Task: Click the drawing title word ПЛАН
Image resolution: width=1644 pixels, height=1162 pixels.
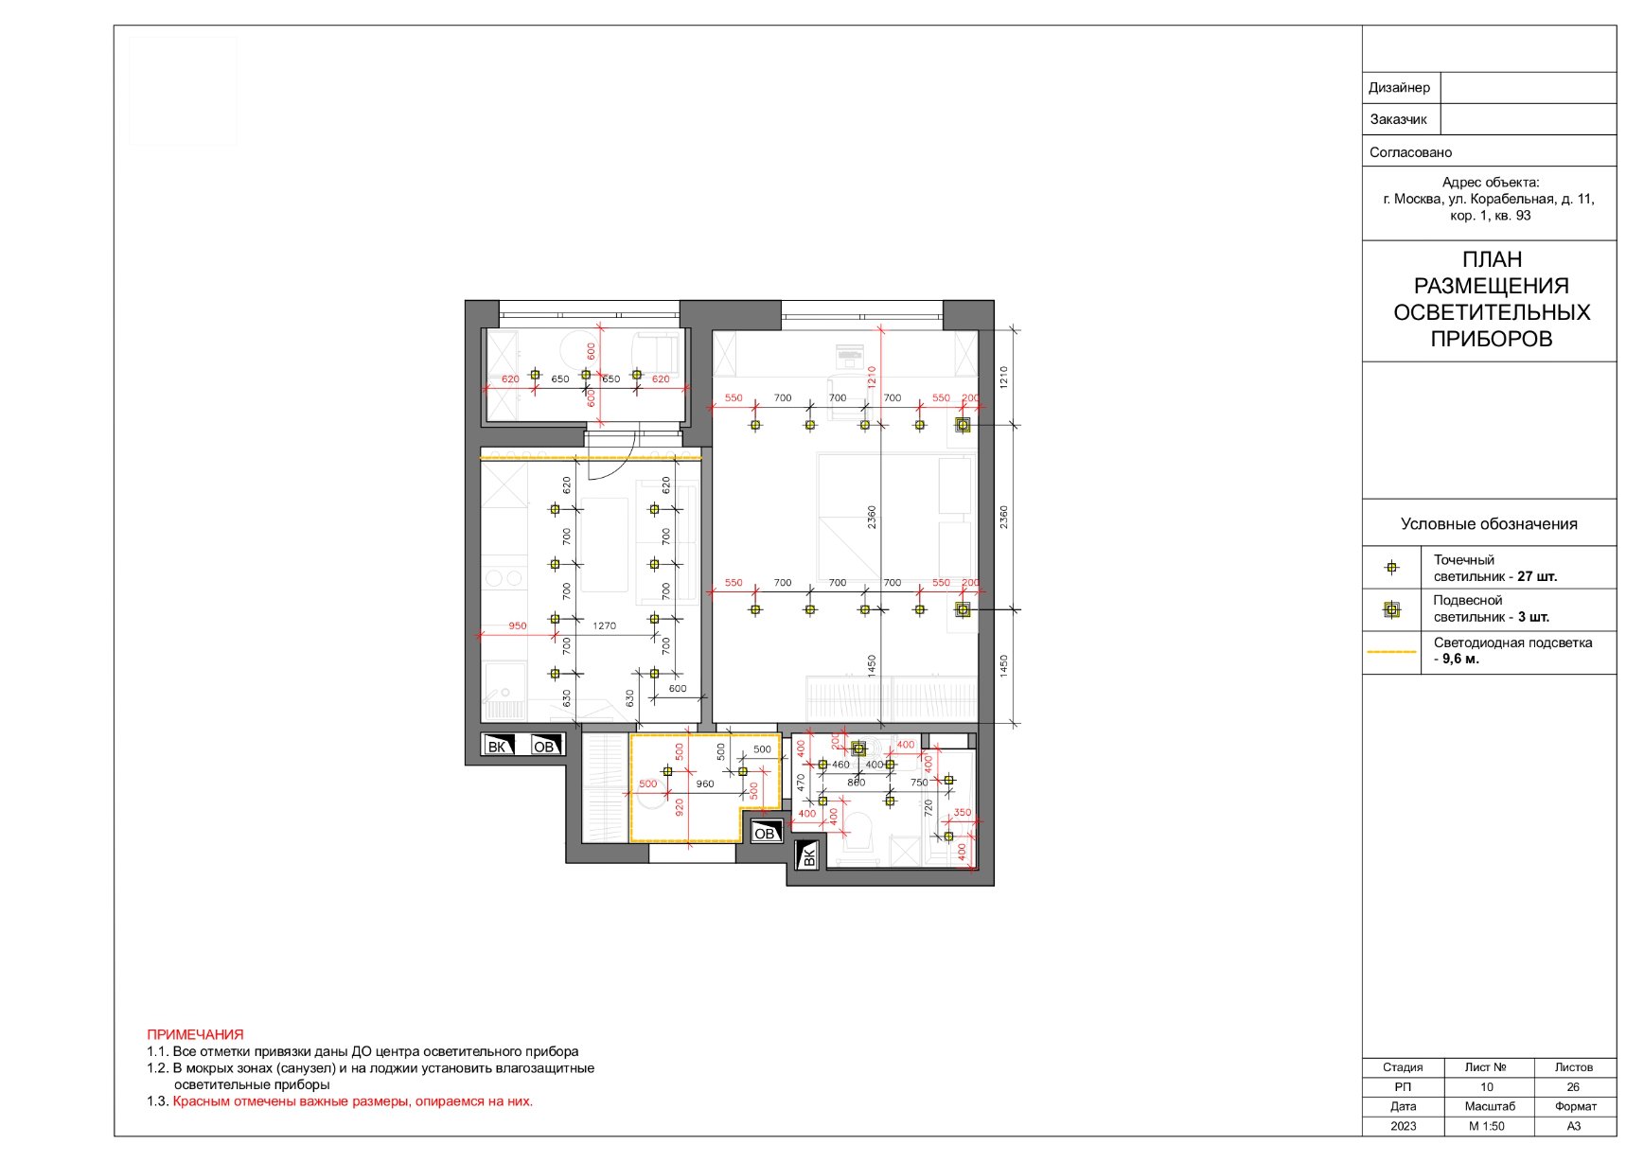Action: tap(1492, 259)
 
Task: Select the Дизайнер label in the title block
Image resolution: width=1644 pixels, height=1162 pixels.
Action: tap(1399, 88)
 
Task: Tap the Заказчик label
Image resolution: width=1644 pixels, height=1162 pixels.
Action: tap(1398, 119)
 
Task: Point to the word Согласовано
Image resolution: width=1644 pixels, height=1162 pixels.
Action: tap(1410, 152)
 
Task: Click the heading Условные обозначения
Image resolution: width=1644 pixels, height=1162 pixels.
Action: tap(1489, 524)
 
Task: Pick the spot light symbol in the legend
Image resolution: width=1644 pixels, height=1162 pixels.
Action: tap(1391, 568)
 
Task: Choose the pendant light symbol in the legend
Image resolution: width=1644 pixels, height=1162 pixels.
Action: tap(1391, 609)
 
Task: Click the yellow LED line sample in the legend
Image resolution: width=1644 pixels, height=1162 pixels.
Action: tap(1391, 652)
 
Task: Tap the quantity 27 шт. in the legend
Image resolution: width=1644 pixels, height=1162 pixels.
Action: tap(1537, 576)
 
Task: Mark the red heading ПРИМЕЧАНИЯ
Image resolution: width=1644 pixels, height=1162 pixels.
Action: tap(195, 1035)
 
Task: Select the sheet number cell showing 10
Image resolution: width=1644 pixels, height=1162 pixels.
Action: tap(1487, 1087)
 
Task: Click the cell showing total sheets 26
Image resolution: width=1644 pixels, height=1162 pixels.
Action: tap(1573, 1087)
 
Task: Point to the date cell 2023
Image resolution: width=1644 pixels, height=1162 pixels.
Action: tap(1404, 1126)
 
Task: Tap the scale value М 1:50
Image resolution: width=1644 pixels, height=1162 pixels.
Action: tap(1487, 1126)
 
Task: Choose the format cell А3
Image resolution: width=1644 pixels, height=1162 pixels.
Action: tap(1574, 1126)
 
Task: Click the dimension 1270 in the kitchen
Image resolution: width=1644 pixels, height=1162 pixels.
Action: tap(604, 625)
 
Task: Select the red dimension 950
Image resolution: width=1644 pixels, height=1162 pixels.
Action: tap(517, 625)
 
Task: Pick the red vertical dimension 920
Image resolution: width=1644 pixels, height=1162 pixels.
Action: tap(679, 807)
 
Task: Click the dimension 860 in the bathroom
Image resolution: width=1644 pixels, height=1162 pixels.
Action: tap(856, 783)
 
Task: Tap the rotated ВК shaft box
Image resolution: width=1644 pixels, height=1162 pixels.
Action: tap(808, 855)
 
